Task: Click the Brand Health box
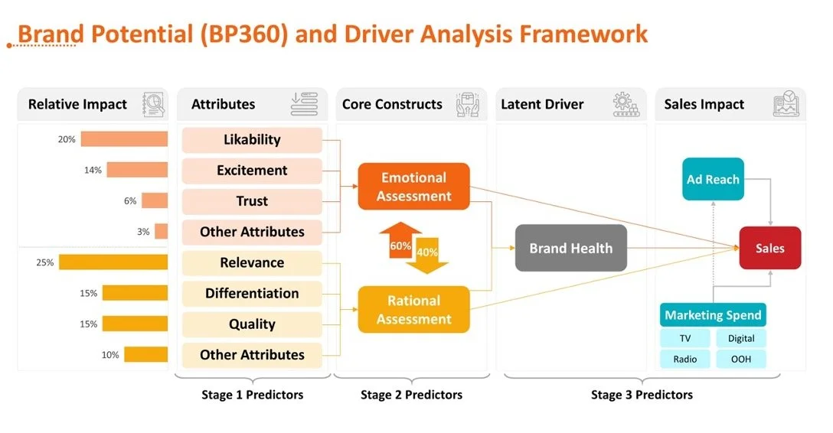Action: (x=570, y=248)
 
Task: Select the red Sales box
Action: (x=769, y=248)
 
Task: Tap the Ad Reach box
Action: (x=713, y=180)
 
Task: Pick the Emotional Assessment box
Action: (x=413, y=187)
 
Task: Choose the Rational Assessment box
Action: (x=413, y=310)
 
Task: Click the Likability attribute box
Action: (x=252, y=140)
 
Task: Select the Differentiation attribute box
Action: (x=252, y=294)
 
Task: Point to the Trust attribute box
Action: (x=252, y=201)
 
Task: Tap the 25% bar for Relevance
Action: (x=113, y=262)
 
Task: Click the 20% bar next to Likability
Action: (x=124, y=139)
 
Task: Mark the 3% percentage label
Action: (x=143, y=232)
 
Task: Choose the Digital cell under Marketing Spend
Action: (x=740, y=338)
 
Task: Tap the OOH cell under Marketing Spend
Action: (x=740, y=359)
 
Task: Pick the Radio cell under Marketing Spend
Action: (x=684, y=359)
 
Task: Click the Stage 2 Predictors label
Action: (x=411, y=395)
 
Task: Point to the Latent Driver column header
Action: (x=542, y=104)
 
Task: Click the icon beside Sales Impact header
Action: (x=786, y=104)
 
